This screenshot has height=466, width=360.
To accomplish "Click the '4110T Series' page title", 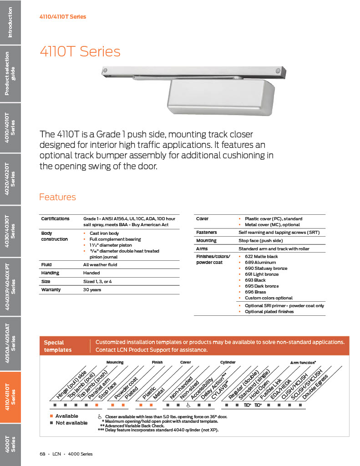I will click(80, 51).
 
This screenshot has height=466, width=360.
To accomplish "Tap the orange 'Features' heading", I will click(57, 197).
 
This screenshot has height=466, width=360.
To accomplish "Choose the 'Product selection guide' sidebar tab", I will click(10, 74).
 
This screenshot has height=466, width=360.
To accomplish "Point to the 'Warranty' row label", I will click(51, 290).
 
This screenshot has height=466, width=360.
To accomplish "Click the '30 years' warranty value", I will click(92, 290).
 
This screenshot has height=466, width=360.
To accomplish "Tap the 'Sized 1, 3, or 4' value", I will click(98, 282).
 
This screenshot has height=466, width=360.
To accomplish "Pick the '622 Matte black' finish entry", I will click(261, 257).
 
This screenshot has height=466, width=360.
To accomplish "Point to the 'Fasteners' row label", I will click(206, 233).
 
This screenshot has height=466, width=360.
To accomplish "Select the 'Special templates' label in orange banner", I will click(58, 346).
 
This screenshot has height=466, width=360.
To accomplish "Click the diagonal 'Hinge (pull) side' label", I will click(71, 385).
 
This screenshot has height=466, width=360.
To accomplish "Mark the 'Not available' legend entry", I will click(71, 423).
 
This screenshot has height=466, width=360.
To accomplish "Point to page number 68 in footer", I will click(42, 454).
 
